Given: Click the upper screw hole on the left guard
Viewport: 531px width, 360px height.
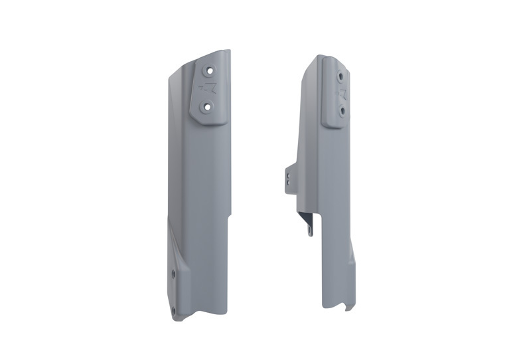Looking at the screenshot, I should pyautogui.click(x=210, y=69).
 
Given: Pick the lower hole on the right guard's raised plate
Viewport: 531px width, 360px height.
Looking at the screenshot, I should pyautogui.click(x=342, y=111).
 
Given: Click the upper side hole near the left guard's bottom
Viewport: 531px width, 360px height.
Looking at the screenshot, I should pyautogui.click(x=173, y=273).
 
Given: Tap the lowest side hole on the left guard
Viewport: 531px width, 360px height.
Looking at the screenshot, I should pyautogui.click(x=173, y=310).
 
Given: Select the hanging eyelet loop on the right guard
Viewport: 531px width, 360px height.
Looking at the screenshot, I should pyautogui.click(x=307, y=226).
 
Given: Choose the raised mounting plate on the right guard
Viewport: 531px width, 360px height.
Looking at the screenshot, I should pyautogui.click(x=335, y=93).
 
